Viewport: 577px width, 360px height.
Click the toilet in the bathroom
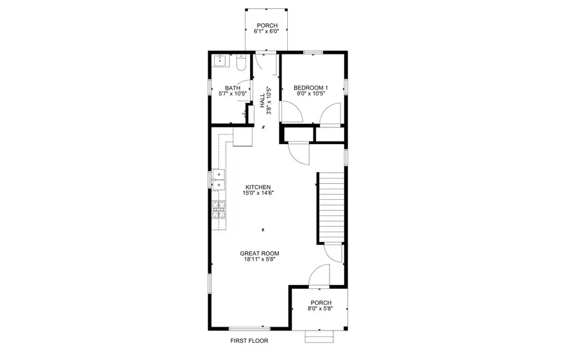pos(240,63)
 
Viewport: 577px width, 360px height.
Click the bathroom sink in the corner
pos(220,61)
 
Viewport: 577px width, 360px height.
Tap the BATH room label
pos(232,88)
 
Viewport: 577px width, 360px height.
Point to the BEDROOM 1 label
pos(310,88)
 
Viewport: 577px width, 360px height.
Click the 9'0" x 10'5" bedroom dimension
pos(310,94)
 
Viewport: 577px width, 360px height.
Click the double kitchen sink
pos(219,180)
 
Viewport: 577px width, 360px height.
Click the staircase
pos(332,207)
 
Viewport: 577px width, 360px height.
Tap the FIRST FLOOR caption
pos(249,341)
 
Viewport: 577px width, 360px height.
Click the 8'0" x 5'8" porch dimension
pos(321,309)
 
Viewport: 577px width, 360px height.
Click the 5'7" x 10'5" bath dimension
pos(232,94)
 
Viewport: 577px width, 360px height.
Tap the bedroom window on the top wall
pos(312,53)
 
